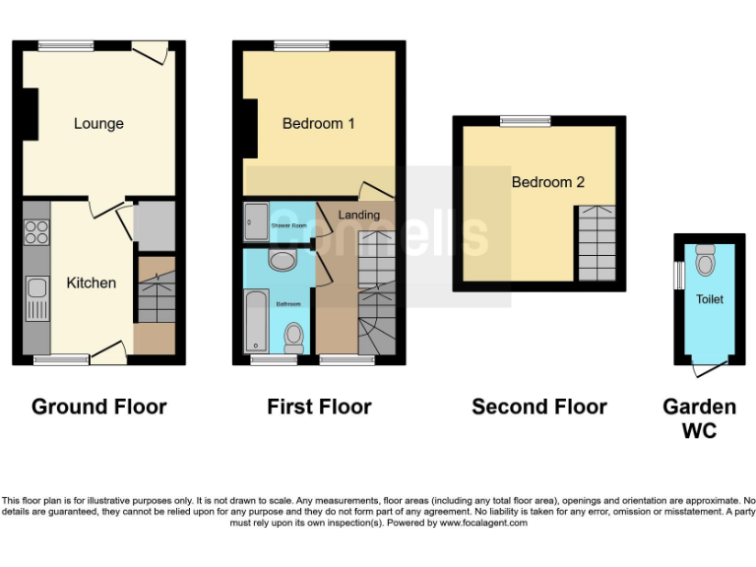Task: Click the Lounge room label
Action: (x=98, y=124)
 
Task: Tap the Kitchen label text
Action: (x=91, y=283)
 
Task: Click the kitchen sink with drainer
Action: (x=36, y=297)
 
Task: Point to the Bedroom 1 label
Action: (x=318, y=124)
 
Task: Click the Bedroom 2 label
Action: (x=547, y=182)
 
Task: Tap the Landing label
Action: (x=358, y=215)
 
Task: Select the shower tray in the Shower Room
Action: (x=255, y=222)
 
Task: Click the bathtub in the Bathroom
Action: (x=257, y=321)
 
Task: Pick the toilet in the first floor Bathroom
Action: (x=293, y=338)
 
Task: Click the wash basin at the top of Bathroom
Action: (x=282, y=260)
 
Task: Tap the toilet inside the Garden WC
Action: (x=705, y=261)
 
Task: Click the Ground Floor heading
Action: (x=98, y=407)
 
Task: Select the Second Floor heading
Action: (x=538, y=407)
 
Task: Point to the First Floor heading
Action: (x=319, y=407)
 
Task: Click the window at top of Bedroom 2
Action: (x=524, y=120)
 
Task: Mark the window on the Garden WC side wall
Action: (x=678, y=275)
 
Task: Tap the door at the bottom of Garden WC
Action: (x=706, y=367)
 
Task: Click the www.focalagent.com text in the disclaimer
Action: (x=482, y=523)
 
